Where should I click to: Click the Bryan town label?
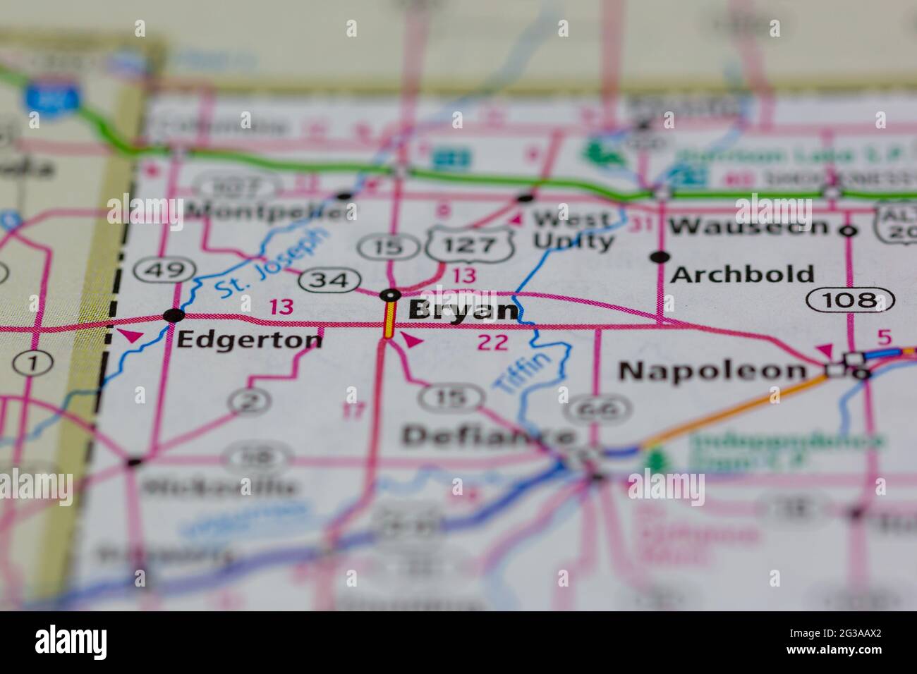(463, 311)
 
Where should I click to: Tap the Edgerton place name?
(249, 340)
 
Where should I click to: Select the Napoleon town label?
(712, 370)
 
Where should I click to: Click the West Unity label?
(573, 229)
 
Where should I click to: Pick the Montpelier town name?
(272, 210)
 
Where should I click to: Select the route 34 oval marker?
(327, 280)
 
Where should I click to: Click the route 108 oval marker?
(850, 300)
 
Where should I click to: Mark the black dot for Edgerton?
(173, 315)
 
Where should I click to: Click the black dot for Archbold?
(660, 257)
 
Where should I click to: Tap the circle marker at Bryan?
(390, 295)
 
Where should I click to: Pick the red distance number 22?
(492, 343)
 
